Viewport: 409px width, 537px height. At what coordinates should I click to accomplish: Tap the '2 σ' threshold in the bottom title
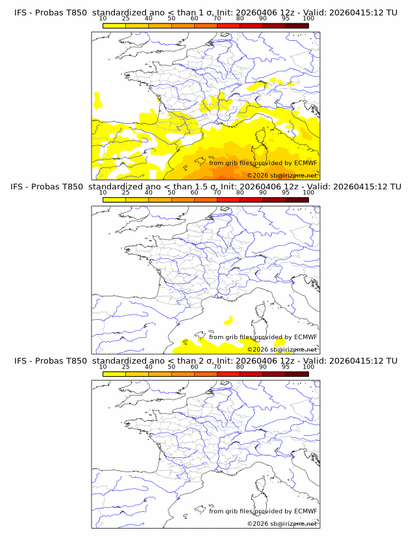[203, 361]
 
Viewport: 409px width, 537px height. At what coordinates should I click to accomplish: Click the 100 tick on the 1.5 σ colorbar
[308, 193]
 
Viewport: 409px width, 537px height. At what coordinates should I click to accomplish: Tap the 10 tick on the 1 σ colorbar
[103, 18]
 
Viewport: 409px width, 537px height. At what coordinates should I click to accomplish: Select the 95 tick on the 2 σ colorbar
[286, 366]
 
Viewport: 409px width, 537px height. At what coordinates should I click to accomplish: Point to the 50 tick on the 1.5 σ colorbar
[171, 193]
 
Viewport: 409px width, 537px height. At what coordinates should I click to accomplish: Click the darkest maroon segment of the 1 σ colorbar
[297, 25]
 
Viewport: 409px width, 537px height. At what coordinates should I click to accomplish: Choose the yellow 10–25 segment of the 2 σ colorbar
[114, 374]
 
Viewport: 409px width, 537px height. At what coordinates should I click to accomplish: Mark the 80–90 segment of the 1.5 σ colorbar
[251, 200]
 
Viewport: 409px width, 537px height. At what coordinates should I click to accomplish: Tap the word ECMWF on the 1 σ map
[306, 163]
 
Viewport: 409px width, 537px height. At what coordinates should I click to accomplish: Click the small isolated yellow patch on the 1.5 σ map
[228, 320]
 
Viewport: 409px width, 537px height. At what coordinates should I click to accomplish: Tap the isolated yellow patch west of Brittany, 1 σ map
[98, 101]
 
